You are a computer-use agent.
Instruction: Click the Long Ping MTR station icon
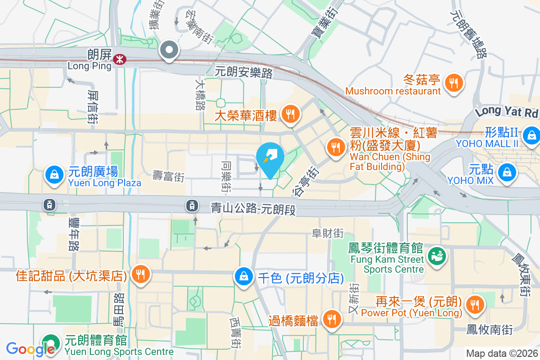[x=120, y=59]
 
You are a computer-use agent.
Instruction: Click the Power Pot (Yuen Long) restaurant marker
[x=474, y=304]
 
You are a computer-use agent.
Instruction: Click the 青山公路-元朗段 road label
[x=254, y=208]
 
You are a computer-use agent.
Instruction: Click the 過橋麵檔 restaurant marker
[x=332, y=319]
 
